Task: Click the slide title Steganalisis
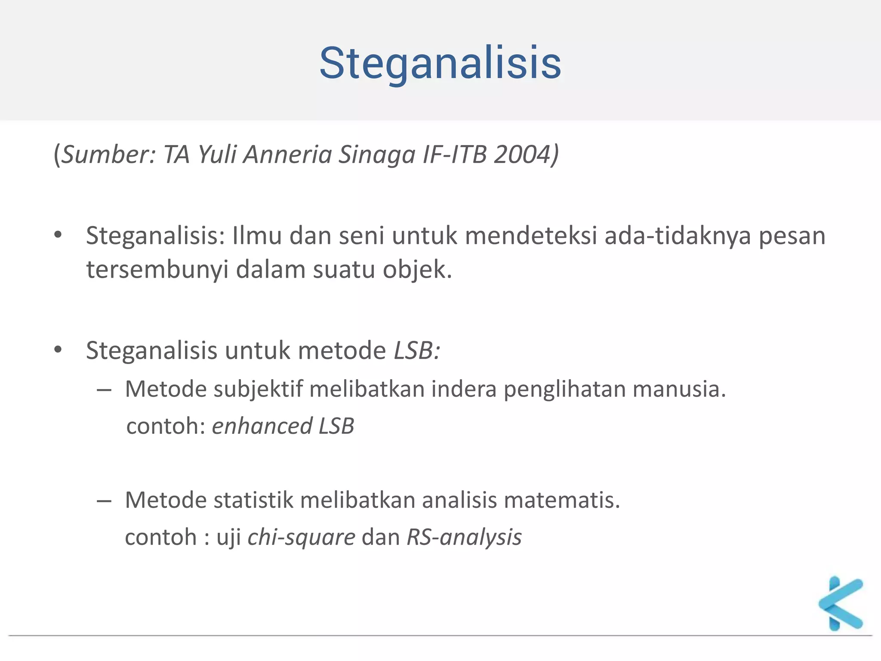click(x=440, y=64)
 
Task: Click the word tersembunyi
click(x=157, y=270)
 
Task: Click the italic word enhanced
click(x=262, y=426)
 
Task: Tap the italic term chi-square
click(x=301, y=537)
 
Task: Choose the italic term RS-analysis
click(x=464, y=537)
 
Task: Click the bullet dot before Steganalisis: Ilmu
click(x=58, y=235)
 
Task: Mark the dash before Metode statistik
click(x=104, y=501)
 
